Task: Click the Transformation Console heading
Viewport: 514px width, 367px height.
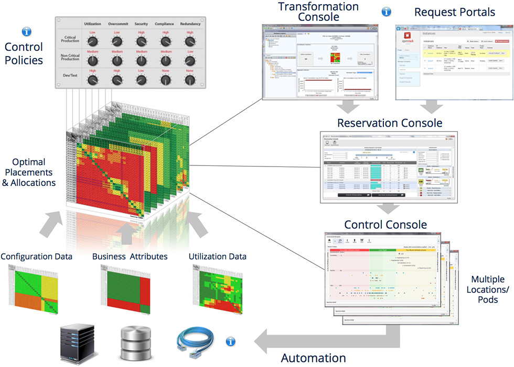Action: coord(318,12)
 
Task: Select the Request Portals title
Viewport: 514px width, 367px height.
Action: coord(454,12)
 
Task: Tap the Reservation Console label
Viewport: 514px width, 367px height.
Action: coord(390,123)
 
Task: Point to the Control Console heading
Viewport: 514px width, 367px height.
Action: coord(385,225)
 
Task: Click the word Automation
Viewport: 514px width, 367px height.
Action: coord(314,358)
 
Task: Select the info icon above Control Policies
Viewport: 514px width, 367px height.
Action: coord(26,32)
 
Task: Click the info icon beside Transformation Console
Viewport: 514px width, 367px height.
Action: coord(387,11)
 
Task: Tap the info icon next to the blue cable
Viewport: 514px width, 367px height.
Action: coord(230,341)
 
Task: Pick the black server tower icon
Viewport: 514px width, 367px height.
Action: coord(77,343)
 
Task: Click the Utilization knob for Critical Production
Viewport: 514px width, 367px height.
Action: coord(93,41)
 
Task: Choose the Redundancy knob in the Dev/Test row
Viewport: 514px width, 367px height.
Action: coord(190,80)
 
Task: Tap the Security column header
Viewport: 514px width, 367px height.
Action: coord(141,24)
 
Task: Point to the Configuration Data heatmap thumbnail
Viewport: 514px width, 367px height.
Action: coord(33,288)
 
